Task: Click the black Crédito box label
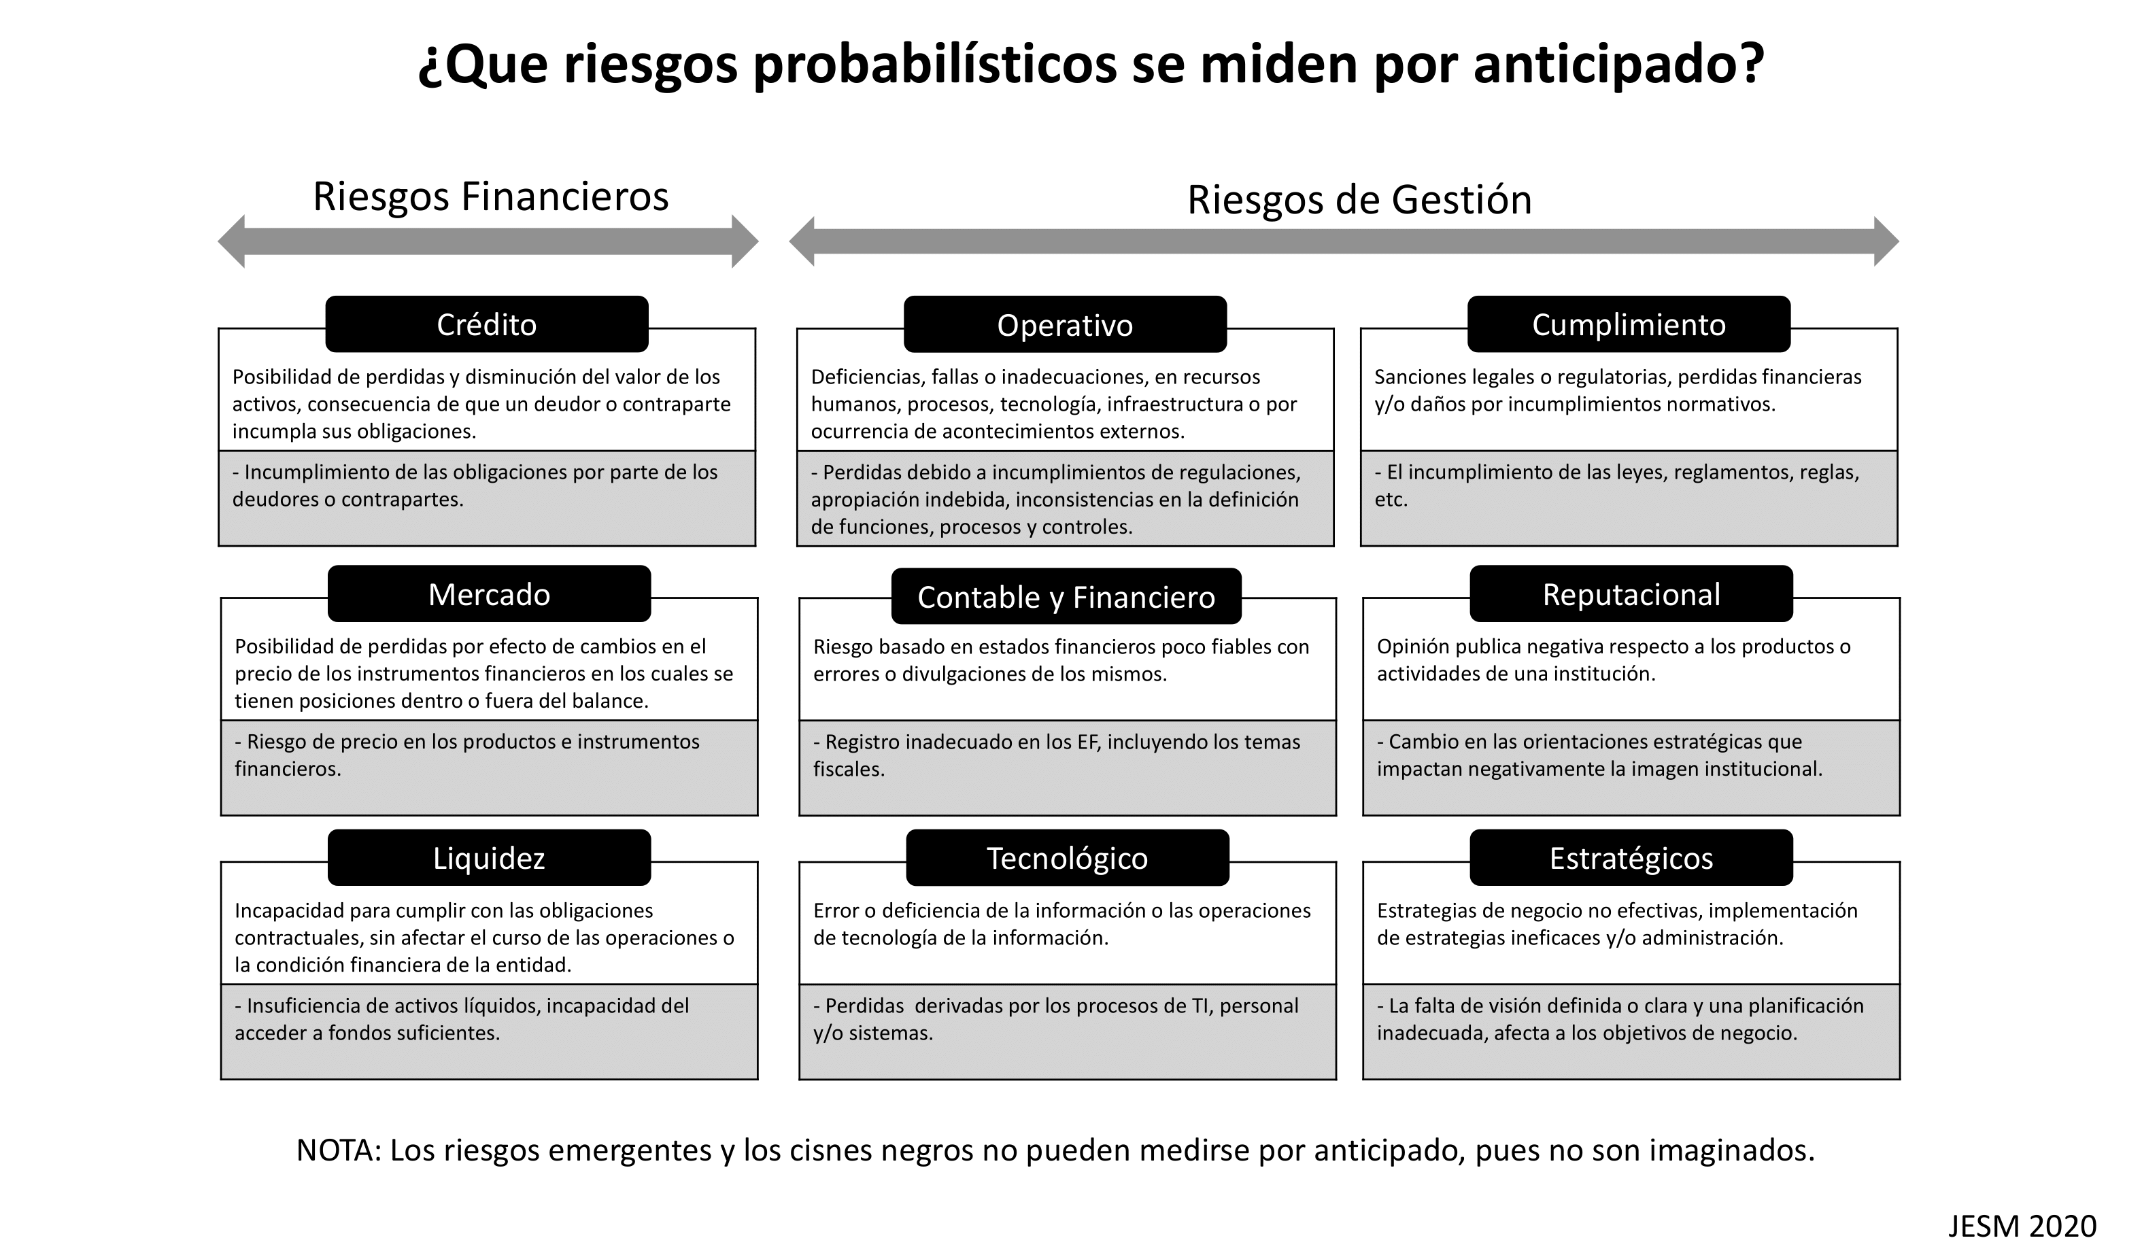[486, 324]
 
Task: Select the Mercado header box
[489, 594]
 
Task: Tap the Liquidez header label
[489, 858]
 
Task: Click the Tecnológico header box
[1067, 858]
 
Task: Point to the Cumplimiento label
[1629, 324]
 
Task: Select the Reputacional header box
[1631, 594]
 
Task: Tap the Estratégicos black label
[1631, 858]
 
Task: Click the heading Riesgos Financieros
[490, 196]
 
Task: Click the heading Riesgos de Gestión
[1359, 200]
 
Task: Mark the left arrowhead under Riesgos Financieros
[231, 242]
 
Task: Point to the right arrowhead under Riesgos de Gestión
[1886, 241]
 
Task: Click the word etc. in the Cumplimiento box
[1391, 499]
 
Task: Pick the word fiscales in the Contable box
[849, 768]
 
